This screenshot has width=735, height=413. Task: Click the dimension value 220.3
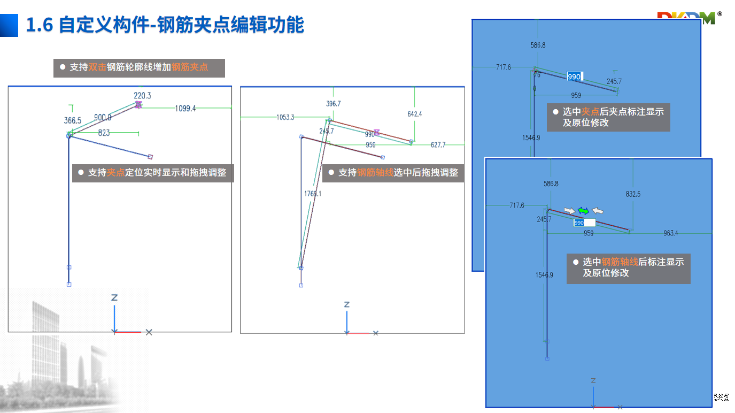coord(142,96)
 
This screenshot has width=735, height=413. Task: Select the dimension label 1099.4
coord(185,109)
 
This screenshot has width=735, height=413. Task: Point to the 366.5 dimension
coord(73,121)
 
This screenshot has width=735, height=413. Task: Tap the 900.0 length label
coord(103,118)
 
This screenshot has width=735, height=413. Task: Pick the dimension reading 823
coord(104,133)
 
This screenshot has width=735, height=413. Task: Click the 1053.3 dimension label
coord(285,117)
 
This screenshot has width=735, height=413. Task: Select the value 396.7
coord(333,103)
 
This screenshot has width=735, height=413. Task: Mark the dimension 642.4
coord(414,114)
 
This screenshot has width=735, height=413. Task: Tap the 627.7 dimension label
coord(438,145)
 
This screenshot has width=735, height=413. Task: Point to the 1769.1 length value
coord(312,194)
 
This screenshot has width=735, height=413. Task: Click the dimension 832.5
coord(633,195)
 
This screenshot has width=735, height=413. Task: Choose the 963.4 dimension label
coord(670,233)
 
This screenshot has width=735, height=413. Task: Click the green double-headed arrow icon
coord(583,211)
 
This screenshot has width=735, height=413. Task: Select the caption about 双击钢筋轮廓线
coord(139,68)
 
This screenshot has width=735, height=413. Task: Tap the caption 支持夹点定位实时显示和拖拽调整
coord(153,173)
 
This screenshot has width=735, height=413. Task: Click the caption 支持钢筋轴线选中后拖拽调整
coord(393,173)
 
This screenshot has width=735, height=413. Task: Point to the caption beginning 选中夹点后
coord(608,117)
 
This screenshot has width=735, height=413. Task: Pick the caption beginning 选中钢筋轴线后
coord(629,267)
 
